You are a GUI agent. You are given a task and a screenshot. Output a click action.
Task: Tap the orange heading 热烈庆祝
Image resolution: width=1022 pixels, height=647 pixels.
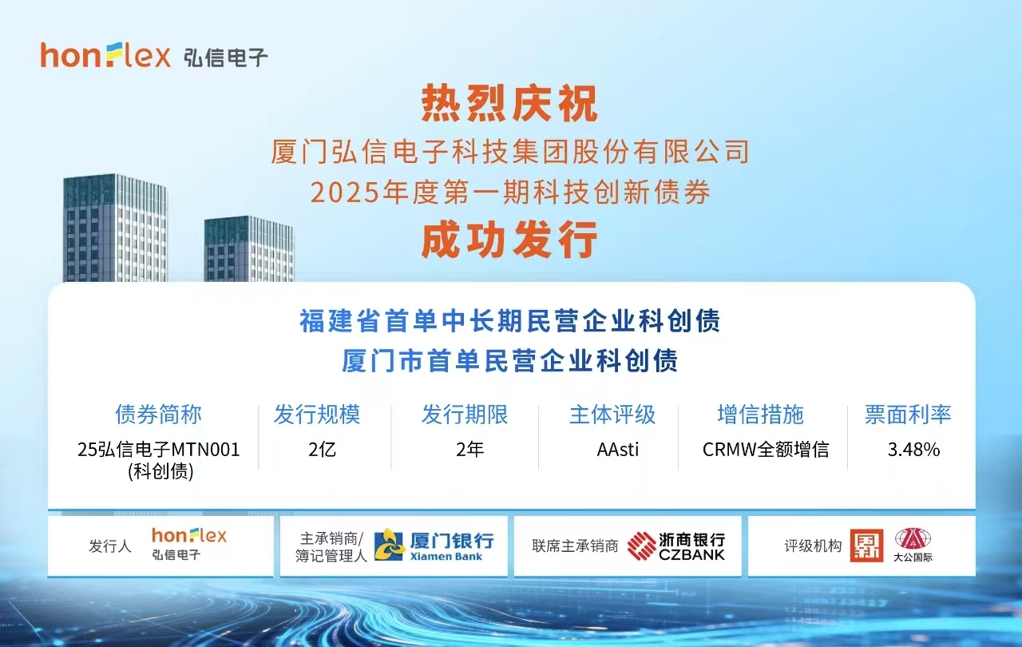pyautogui.click(x=509, y=104)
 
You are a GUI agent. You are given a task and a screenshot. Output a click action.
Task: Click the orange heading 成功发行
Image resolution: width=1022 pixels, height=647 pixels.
pyautogui.click(x=509, y=240)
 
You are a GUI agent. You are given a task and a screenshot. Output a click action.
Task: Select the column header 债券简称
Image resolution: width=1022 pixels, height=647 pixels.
pyautogui.click(x=158, y=415)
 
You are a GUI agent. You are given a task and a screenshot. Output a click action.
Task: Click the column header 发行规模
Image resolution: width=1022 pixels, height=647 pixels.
pyautogui.click(x=317, y=415)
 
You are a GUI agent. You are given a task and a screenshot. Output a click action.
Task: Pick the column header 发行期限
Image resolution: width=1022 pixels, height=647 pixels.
pyautogui.click(x=465, y=415)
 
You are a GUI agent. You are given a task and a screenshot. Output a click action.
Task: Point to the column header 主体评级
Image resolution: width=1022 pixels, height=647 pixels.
pyautogui.click(x=612, y=415)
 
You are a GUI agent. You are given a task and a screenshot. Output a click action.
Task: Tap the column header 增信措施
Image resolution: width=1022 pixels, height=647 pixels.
pyautogui.click(x=761, y=415)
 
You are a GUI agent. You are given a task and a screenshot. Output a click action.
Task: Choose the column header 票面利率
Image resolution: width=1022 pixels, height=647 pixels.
pyautogui.click(x=908, y=415)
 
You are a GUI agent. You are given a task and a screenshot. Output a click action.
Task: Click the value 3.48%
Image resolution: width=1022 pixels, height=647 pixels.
pyautogui.click(x=914, y=450)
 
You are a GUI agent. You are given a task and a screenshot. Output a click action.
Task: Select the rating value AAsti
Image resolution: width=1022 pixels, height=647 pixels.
pyautogui.click(x=618, y=450)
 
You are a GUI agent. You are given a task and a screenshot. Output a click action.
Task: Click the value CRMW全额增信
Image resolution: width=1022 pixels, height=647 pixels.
pyautogui.click(x=766, y=450)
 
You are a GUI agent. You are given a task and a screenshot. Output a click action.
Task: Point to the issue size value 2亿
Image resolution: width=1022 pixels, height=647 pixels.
pyautogui.click(x=322, y=450)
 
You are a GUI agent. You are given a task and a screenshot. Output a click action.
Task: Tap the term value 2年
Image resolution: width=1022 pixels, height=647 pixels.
pyautogui.click(x=470, y=450)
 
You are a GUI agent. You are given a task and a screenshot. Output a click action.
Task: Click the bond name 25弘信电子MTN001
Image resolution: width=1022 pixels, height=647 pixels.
pyautogui.click(x=159, y=450)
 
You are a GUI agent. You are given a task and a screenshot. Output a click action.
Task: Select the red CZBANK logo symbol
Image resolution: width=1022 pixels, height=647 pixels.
pyautogui.click(x=641, y=546)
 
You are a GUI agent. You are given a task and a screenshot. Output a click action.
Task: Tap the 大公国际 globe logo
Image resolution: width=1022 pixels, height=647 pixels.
pyautogui.click(x=913, y=539)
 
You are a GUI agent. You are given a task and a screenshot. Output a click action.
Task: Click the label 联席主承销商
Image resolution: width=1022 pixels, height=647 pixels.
pyautogui.click(x=575, y=546)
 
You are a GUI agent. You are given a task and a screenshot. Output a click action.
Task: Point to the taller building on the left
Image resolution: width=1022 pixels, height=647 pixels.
pyautogui.click(x=116, y=228)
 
